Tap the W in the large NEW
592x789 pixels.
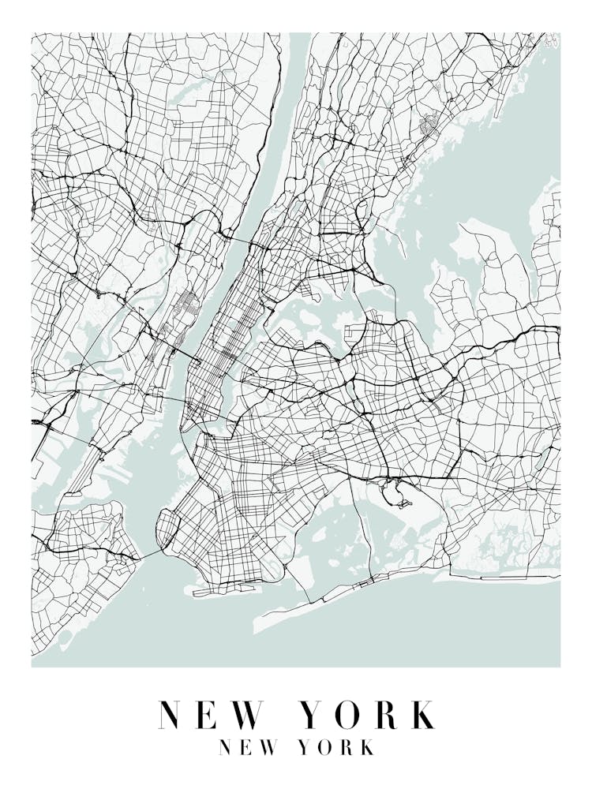pyautogui.click(x=248, y=715)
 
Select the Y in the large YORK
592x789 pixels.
pyautogui.click(x=314, y=715)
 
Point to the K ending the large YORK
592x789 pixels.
pyautogui.click(x=422, y=715)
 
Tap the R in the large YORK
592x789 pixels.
pyautogui.click(x=386, y=715)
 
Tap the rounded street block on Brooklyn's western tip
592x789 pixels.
pyautogui.click(x=167, y=527)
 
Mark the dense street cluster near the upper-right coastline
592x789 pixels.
pyautogui.click(x=430, y=124)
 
